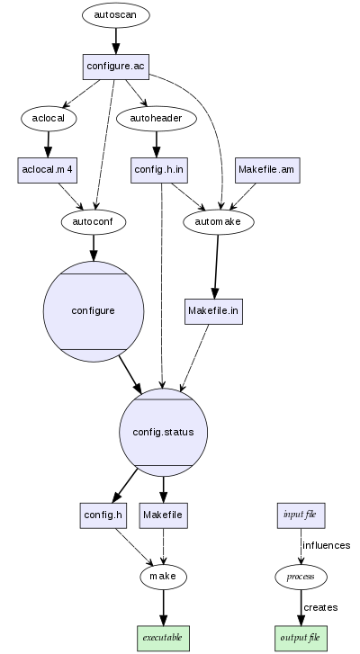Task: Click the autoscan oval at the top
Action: pos(115,15)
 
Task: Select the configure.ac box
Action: pos(115,66)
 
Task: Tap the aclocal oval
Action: pos(48,117)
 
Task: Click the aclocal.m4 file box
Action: pos(47,169)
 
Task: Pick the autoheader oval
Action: pos(157,117)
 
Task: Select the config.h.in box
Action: pos(159,169)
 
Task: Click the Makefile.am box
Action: pos(266,169)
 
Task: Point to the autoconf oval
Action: pos(93,220)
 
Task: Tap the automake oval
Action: pos(219,220)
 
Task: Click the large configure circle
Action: pos(93,310)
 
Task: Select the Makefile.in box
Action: pos(213,310)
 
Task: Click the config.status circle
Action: pos(163,433)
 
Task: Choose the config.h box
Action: pos(102,515)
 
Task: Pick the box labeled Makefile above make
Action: pos(163,515)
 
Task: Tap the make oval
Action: pos(163,576)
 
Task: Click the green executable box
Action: pos(163,637)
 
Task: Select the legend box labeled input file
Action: pos(300,515)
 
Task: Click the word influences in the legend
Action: pos(326,545)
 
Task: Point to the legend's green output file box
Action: pos(300,637)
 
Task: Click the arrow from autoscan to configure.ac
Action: pos(115,40)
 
